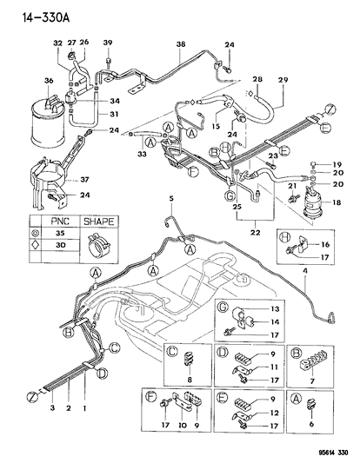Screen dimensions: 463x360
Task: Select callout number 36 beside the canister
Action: tap(49, 81)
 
